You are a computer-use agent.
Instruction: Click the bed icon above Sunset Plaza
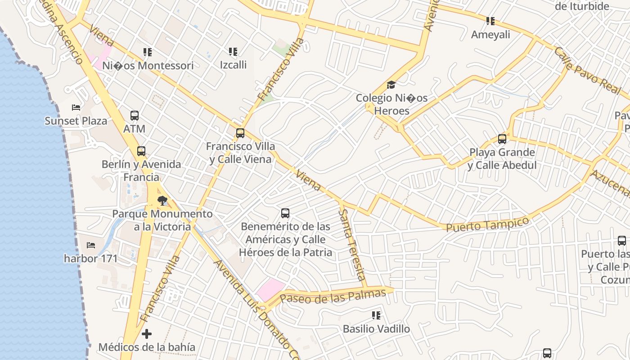[x=76, y=108]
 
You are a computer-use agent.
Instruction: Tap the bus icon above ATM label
[x=135, y=115]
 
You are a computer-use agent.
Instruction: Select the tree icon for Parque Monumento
[x=162, y=201]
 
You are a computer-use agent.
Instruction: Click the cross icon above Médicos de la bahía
[x=147, y=334]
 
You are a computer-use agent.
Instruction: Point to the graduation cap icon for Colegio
[x=391, y=85]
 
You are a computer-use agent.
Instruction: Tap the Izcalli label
[x=233, y=65]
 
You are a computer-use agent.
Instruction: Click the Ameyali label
[x=490, y=35]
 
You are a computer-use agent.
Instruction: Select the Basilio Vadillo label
[x=376, y=329]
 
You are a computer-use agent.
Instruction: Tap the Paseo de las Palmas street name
[x=333, y=296]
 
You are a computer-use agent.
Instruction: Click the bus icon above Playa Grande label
[x=502, y=139]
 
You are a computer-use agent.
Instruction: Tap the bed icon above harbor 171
[x=91, y=245]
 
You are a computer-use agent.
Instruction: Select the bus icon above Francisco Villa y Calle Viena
[x=240, y=133]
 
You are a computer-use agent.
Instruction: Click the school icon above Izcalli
[x=233, y=52]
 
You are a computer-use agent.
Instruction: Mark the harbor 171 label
[x=90, y=258]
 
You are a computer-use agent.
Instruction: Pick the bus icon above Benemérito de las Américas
[x=285, y=213]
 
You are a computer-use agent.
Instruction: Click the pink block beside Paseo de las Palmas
[x=270, y=289]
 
